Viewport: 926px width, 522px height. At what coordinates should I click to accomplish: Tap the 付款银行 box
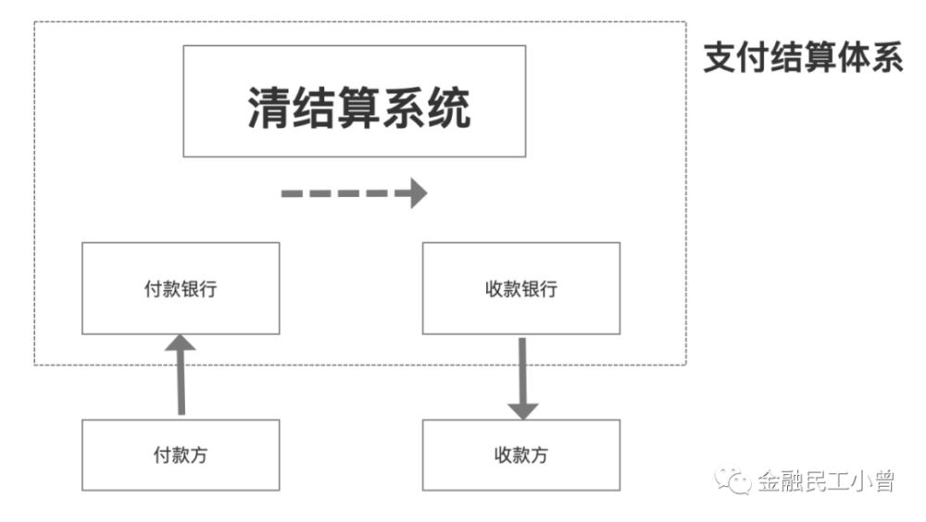(181, 288)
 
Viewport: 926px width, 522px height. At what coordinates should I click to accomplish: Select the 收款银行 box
(521, 288)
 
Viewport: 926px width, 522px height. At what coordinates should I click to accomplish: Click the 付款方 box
(181, 455)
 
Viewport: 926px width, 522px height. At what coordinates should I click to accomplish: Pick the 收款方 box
(521, 455)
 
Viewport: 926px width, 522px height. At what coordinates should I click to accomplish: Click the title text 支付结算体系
(802, 58)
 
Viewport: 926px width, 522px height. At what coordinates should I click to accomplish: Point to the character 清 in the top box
(267, 108)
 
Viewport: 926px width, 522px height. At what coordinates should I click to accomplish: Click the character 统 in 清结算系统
(448, 108)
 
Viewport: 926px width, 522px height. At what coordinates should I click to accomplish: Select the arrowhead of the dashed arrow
(418, 193)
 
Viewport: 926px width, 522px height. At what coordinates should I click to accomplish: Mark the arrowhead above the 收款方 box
(522, 407)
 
